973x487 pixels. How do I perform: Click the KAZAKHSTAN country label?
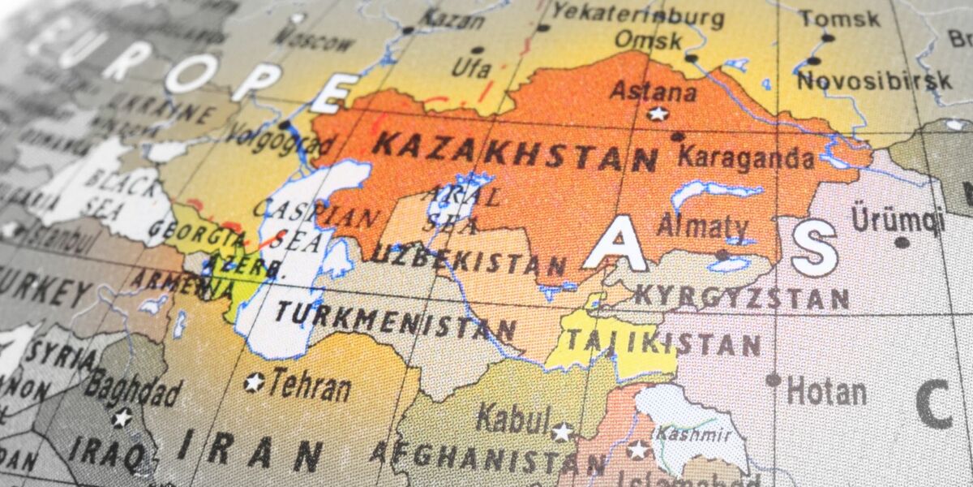click(x=515, y=152)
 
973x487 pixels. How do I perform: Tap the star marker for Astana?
click(x=658, y=114)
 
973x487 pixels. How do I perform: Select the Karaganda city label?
click(x=746, y=157)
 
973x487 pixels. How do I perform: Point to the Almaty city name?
click(x=702, y=226)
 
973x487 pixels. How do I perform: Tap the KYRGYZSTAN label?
click(x=741, y=296)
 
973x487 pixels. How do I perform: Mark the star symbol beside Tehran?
click(x=255, y=381)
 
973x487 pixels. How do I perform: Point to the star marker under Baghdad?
click(x=122, y=418)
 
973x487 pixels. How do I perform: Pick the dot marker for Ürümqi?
click(x=902, y=242)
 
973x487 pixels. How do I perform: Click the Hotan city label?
click(x=826, y=392)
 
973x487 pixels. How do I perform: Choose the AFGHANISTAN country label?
click(x=487, y=459)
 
